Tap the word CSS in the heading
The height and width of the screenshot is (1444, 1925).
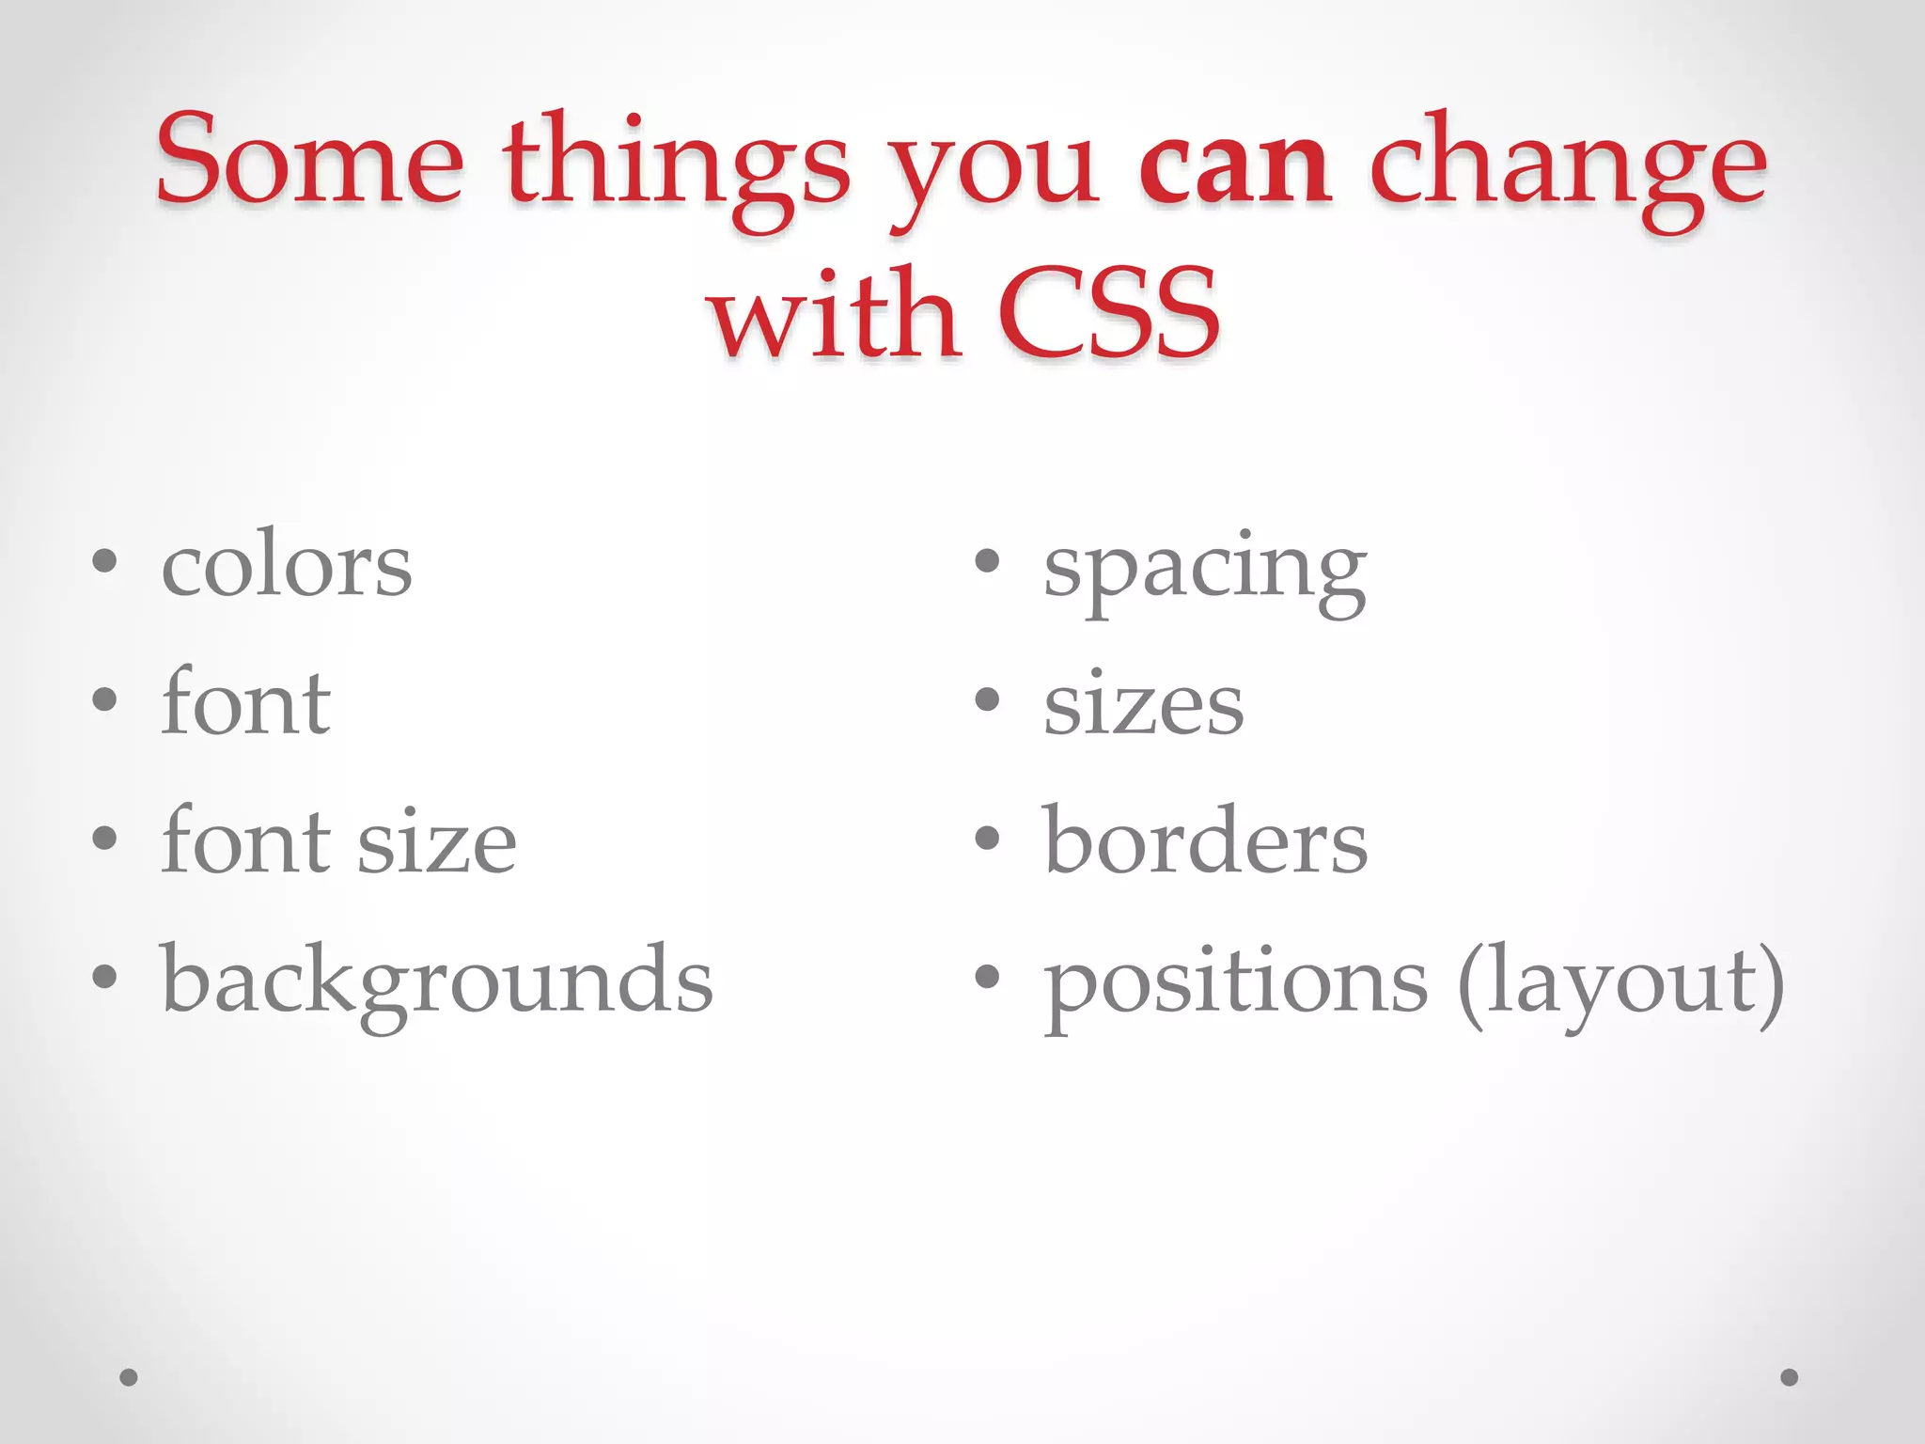pos(1109,315)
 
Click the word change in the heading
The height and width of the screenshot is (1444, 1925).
pos(1568,169)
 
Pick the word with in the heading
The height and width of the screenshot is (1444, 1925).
pos(835,315)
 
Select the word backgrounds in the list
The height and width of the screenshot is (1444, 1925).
pos(437,982)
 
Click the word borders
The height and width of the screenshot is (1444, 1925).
pos(1205,840)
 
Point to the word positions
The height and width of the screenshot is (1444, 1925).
pos(1235,982)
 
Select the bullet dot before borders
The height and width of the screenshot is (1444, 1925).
pos(986,838)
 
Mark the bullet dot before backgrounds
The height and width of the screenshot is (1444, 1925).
pos(104,977)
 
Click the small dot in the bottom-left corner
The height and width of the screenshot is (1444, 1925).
pos(129,1377)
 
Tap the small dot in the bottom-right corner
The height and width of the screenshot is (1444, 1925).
pos(1790,1377)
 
